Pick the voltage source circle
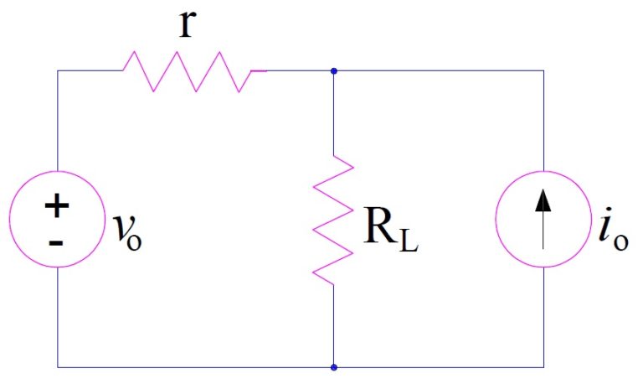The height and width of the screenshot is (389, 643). coord(58,220)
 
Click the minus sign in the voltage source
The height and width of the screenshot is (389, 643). coord(58,241)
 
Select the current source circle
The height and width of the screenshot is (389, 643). coord(544,220)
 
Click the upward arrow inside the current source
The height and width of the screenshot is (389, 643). coord(544,216)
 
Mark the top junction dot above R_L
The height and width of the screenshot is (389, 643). coord(334,71)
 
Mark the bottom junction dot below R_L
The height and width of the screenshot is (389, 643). coord(334,367)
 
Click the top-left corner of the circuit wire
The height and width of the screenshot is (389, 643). coord(58,71)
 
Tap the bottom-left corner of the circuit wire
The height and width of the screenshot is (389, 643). coord(58,367)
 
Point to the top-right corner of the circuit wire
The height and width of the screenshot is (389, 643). coord(544,71)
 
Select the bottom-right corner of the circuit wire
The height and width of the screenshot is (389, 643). coord(544,367)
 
